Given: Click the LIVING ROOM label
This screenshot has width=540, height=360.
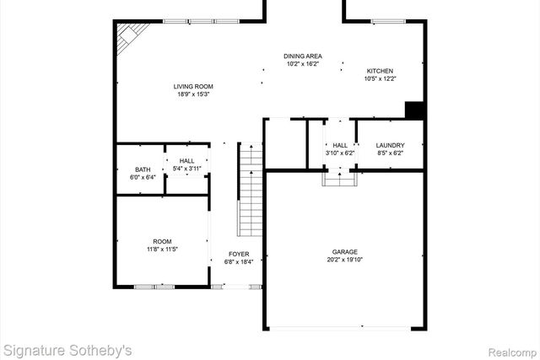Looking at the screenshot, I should click(193, 86).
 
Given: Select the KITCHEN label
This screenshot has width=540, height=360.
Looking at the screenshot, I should click(379, 71).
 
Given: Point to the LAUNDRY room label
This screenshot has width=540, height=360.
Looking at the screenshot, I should click(390, 145).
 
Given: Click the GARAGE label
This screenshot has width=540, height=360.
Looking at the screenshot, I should click(344, 252).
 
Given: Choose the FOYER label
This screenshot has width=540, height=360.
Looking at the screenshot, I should click(239, 254).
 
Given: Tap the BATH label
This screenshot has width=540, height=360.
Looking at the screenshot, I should click(143, 169).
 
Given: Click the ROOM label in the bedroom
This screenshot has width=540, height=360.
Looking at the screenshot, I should click(162, 241).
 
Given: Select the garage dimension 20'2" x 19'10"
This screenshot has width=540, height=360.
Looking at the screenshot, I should click(344, 261).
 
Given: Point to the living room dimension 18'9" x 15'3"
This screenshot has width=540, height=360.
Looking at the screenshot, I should click(193, 94).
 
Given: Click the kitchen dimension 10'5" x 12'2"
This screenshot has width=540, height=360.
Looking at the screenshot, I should click(379, 79).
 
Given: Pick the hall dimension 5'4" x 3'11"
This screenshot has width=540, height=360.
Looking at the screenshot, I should click(186, 169).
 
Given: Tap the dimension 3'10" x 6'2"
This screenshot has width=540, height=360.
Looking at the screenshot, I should click(340, 153).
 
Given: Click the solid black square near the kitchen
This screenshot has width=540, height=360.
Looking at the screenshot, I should click(413, 110).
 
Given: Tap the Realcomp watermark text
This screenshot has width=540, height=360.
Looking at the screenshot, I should click(508, 349).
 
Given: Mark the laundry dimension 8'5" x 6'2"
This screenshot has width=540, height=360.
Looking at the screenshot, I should click(390, 153).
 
